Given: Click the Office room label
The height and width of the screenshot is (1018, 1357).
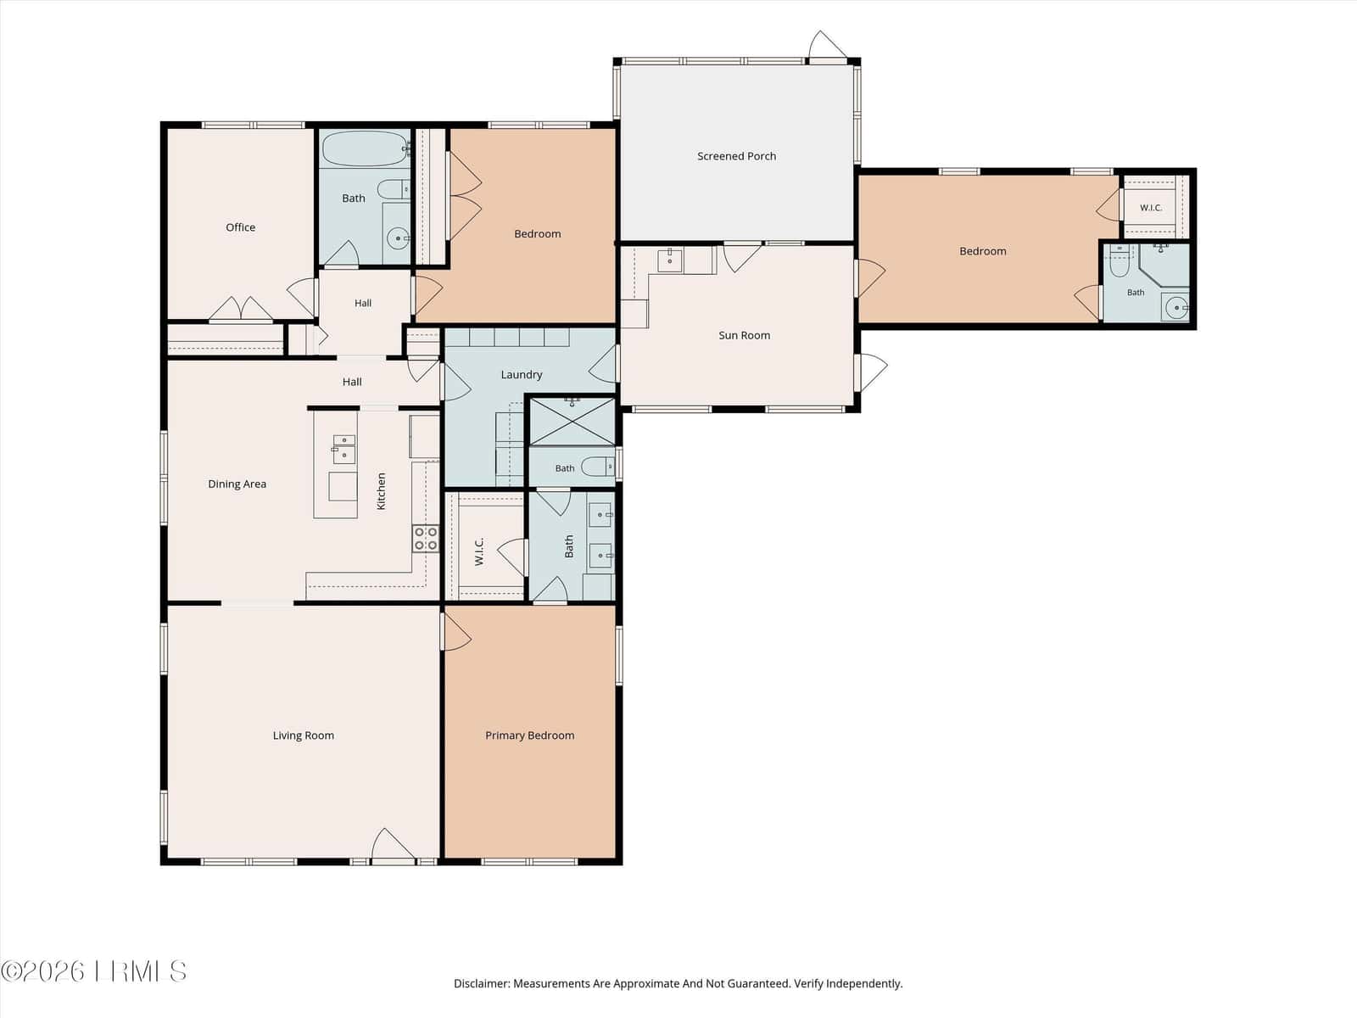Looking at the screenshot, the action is (x=241, y=227).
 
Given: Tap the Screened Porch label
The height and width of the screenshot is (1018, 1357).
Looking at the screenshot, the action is (x=736, y=156).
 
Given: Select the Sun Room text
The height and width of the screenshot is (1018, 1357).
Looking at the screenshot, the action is (x=745, y=335).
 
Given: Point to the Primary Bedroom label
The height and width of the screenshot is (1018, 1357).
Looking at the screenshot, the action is (x=530, y=735).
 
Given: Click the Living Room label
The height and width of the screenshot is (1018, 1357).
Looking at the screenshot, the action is (x=304, y=735).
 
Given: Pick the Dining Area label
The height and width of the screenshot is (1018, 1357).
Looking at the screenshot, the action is (x=237, y=484).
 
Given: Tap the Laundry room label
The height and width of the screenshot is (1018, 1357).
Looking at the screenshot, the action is (x=522, y=375).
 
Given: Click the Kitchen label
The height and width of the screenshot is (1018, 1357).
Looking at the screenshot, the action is (x=382, y=491).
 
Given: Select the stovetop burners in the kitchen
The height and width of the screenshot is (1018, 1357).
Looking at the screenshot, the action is (x=426, y=539).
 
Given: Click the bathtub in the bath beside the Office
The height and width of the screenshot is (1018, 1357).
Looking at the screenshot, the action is (x=365, y=148).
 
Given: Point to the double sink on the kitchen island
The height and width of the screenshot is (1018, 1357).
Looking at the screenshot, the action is (x=343, y=449).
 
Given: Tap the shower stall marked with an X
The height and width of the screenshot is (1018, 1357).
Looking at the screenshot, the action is (x=572, y=422).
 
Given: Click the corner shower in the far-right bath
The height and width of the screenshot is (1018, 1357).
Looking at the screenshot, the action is (x=1164, y=266).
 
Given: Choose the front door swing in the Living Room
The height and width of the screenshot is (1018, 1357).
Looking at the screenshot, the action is (x=393, y=845).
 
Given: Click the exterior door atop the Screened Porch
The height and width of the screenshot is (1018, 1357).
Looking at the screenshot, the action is (x=827, y=45).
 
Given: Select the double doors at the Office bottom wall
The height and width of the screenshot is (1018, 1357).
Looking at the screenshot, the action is (x=241, y=309).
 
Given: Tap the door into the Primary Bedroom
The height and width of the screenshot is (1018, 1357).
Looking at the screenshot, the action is (x=455, y=632).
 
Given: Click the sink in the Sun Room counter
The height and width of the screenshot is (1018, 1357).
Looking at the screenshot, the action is (x=669, y=260).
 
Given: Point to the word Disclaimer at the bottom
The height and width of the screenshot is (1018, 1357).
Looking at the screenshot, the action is (x=483, y=983).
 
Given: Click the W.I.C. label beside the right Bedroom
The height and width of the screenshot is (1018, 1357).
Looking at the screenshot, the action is (x=1151, y=208).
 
